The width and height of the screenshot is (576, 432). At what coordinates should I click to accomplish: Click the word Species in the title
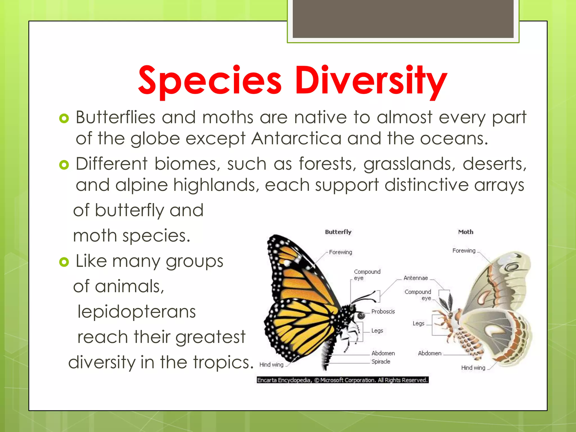210,81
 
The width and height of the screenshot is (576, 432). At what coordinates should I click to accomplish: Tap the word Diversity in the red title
371,81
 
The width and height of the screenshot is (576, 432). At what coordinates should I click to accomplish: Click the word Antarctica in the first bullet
296,138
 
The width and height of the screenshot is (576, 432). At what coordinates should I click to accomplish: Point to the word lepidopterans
137,312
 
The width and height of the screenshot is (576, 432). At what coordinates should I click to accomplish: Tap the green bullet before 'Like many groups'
64,262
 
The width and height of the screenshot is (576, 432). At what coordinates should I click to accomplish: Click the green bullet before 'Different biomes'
64,165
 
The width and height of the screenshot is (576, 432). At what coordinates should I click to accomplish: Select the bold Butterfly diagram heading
338,232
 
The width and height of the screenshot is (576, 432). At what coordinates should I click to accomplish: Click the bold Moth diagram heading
466,232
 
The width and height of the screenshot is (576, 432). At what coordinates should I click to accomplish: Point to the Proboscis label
383,312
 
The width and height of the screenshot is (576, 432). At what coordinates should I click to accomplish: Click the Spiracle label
381,362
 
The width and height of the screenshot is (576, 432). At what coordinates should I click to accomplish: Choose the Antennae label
416,278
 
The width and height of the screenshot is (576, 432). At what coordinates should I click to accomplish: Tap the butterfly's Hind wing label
271,365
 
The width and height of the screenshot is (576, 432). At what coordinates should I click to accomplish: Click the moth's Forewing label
464,251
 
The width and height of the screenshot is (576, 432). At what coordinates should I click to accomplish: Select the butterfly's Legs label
377,331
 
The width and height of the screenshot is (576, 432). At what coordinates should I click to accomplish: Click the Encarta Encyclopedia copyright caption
342,380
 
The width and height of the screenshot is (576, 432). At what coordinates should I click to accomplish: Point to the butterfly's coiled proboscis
361,316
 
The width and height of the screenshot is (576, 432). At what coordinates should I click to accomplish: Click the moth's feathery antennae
447,302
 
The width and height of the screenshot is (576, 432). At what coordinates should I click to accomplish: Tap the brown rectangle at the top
403,19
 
